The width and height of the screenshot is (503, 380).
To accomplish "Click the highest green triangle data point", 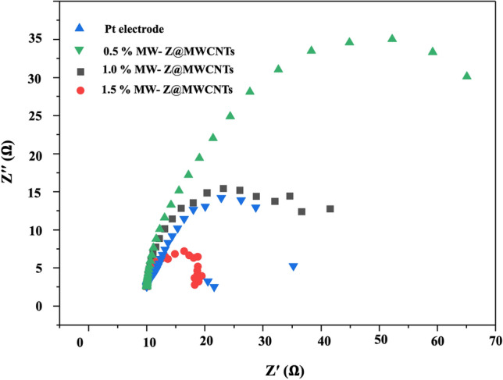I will click(392, 38).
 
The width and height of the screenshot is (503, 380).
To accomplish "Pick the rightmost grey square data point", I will click(330, 209).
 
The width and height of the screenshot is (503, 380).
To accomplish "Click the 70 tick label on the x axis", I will click(495, 342).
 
